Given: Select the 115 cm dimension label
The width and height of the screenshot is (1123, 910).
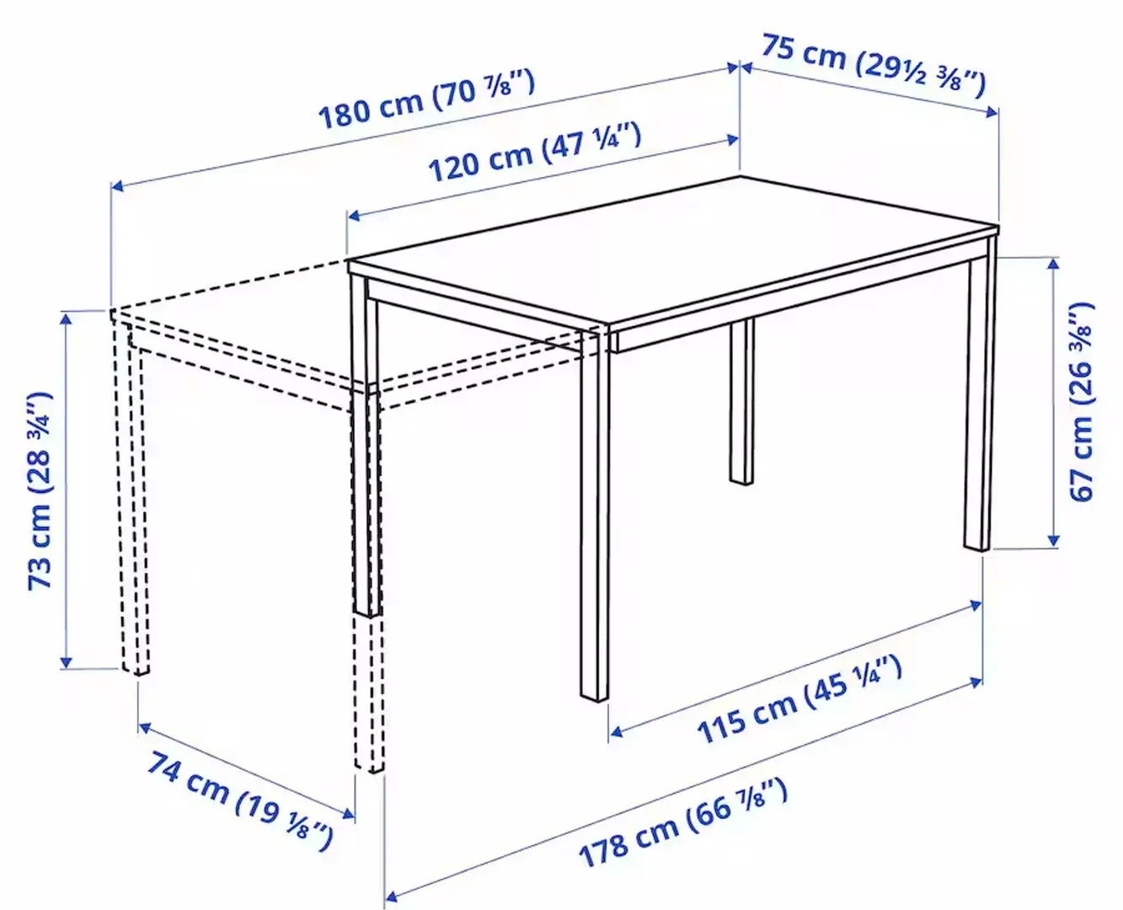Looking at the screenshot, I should click(x=799, y=699).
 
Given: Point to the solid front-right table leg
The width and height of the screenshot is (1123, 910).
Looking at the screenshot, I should click(x=594, y=514).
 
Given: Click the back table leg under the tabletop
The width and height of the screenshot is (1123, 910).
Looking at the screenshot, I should click(x=741, y=400).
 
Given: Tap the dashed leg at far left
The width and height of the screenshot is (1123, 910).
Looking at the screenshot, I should click(x=134, y=506).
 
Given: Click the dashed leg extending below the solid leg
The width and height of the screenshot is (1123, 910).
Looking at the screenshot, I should click(x=368, y=691).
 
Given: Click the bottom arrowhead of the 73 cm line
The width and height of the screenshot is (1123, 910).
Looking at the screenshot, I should click(x=65, y=662).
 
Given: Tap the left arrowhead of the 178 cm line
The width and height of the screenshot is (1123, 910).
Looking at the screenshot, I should click(x=391, y=894).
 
